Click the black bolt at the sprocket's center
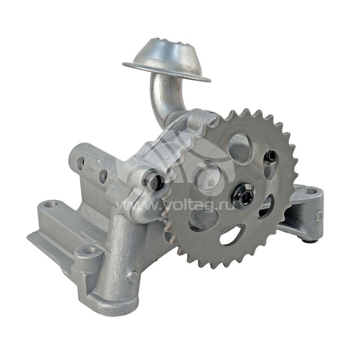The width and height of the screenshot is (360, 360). coord(243,195)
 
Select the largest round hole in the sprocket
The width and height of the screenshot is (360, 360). coord(240,148)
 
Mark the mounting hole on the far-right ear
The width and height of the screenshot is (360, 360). coord(311,191)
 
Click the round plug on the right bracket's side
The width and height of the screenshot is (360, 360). coord(319,216)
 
